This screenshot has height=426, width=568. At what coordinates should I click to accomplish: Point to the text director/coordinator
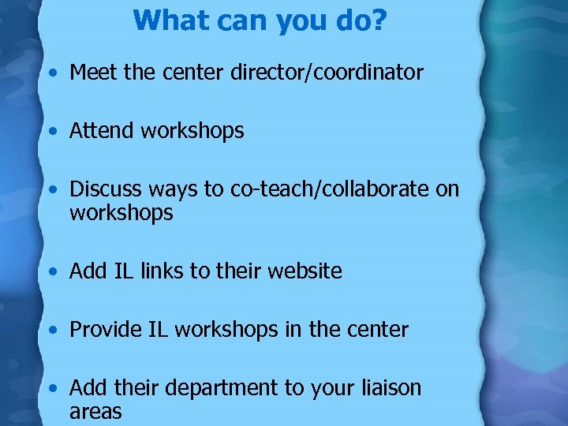327,73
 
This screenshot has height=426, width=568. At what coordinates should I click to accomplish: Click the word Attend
102,130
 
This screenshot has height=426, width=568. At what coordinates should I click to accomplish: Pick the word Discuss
106,189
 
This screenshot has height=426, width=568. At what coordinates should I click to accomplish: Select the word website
305,271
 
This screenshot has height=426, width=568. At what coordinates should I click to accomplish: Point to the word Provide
106,329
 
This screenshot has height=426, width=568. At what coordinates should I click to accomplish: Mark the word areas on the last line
95,411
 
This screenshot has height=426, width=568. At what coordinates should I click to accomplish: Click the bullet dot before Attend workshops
51,131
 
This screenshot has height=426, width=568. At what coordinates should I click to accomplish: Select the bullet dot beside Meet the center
51,73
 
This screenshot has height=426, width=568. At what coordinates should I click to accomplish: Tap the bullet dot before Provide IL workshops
51,330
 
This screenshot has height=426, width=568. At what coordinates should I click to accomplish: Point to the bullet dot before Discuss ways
51,190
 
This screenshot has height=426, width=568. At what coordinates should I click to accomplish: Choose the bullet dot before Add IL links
51,272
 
